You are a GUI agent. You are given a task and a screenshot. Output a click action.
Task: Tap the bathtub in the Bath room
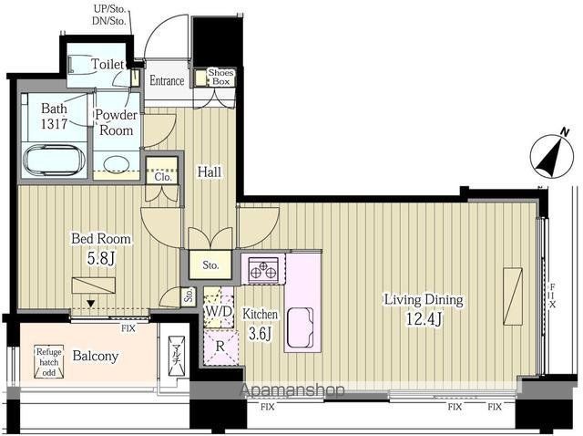54,161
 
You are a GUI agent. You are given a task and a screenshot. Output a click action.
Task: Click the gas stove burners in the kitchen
263,269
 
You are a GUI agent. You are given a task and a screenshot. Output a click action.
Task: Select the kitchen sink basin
300,327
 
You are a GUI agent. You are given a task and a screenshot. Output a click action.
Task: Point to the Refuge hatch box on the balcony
49,362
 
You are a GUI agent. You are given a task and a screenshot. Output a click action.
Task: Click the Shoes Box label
220,77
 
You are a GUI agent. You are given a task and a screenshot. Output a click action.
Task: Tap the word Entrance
167,81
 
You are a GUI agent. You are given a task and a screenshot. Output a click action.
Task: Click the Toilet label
107,64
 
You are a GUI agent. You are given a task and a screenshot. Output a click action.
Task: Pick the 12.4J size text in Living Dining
424,318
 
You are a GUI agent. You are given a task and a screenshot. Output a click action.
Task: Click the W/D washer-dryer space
219,311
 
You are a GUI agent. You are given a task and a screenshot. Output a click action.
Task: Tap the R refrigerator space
220,347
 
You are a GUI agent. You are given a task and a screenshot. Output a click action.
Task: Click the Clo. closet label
163,177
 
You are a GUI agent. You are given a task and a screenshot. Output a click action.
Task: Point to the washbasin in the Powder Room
117,164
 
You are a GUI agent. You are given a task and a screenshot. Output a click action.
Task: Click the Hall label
210,172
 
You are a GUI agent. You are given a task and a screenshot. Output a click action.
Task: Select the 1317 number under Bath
54,124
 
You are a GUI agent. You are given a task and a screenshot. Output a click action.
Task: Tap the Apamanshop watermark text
292,390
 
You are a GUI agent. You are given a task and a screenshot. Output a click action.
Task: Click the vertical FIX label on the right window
553,296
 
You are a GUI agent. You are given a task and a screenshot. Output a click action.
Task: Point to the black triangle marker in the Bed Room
90,304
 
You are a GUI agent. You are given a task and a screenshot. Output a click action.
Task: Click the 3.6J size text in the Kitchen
260,334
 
